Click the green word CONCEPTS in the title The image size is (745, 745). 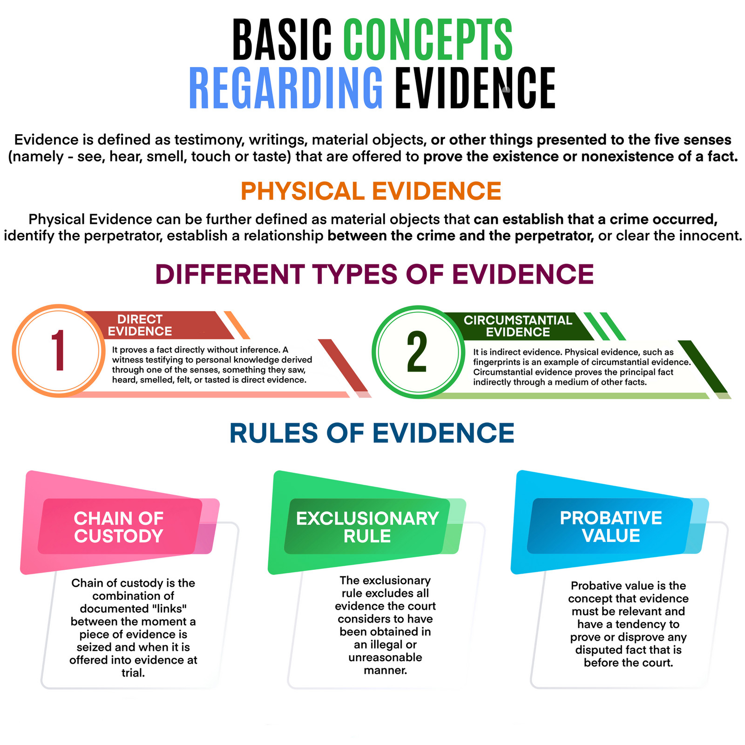coord(428,40)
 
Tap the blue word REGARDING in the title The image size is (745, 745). coord(286,88)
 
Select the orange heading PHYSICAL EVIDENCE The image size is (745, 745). coord(371,191)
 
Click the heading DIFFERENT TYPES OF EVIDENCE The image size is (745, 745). coord(374,274)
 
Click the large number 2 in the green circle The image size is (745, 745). coord(417,352)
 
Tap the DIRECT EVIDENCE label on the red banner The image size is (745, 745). coord(140,325)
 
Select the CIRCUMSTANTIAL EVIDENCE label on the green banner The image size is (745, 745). coord(518,326)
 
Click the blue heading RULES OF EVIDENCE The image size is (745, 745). coord(372,433)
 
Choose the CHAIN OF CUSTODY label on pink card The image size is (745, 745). coord(119,527)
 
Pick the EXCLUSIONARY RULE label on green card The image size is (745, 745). coord(367,527)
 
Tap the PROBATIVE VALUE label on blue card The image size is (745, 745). coord(611,527)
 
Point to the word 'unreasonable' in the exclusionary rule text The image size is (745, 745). coord(385,657)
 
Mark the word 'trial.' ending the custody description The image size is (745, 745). coord(133,673)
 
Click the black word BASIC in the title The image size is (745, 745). coord(282,40)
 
